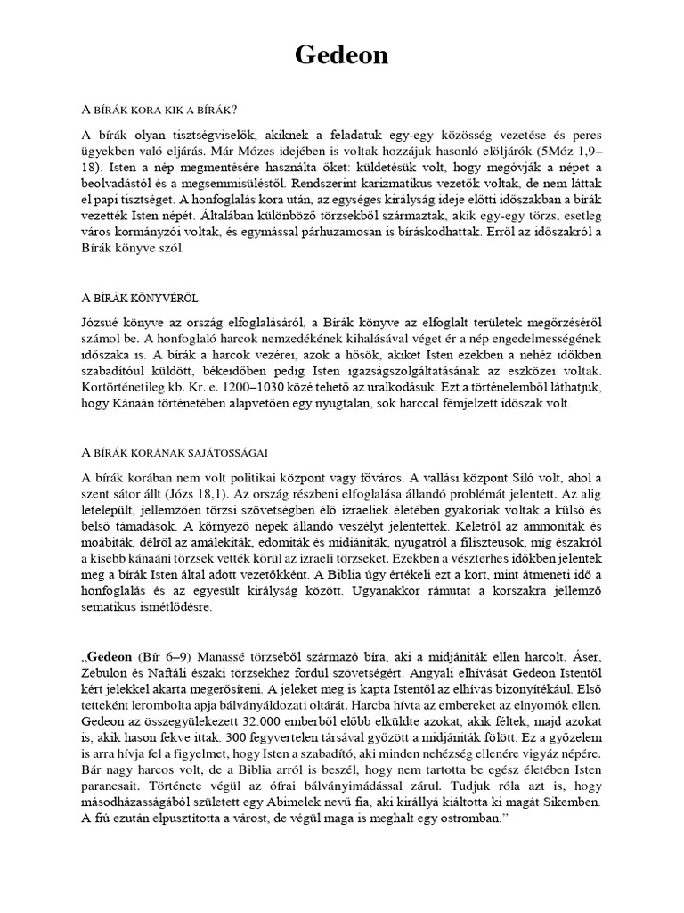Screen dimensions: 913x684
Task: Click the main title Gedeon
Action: pyautogui.click(x=342, y=55)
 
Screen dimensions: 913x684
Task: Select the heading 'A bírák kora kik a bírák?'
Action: pyautogui.click(x=159, y=110)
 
